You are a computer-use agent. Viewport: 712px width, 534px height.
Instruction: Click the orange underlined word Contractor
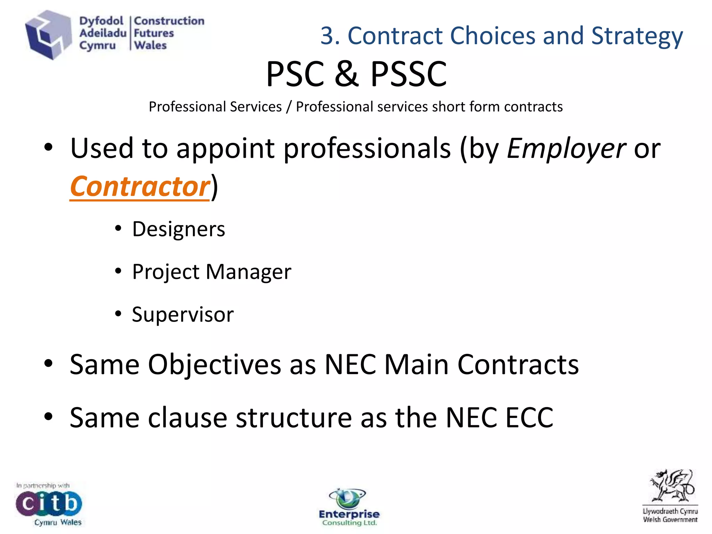[140, 186]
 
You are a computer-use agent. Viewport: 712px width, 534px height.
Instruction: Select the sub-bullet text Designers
[179, 229]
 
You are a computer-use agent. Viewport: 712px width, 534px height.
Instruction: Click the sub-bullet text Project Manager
[211, 272]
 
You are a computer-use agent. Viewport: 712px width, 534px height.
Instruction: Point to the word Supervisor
[183, 314]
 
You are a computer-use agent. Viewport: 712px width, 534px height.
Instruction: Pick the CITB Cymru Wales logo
[49, 504]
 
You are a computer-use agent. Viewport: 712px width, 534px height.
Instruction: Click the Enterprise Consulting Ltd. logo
[349, 508]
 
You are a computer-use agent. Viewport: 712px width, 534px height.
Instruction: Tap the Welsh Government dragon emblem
[671, 487]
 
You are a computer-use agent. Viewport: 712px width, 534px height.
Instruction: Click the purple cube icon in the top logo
[48, 35]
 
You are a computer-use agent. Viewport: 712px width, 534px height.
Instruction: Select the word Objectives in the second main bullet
[215, 364]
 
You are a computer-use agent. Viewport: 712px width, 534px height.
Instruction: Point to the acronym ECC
[529, 417]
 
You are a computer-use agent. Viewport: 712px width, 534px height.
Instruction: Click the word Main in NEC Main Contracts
[416, 364]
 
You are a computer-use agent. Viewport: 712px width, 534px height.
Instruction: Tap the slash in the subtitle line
[289, 107]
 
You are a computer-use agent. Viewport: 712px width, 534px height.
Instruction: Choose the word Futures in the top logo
[154, 33]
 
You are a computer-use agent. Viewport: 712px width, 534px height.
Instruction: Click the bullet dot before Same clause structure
[48, 416]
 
